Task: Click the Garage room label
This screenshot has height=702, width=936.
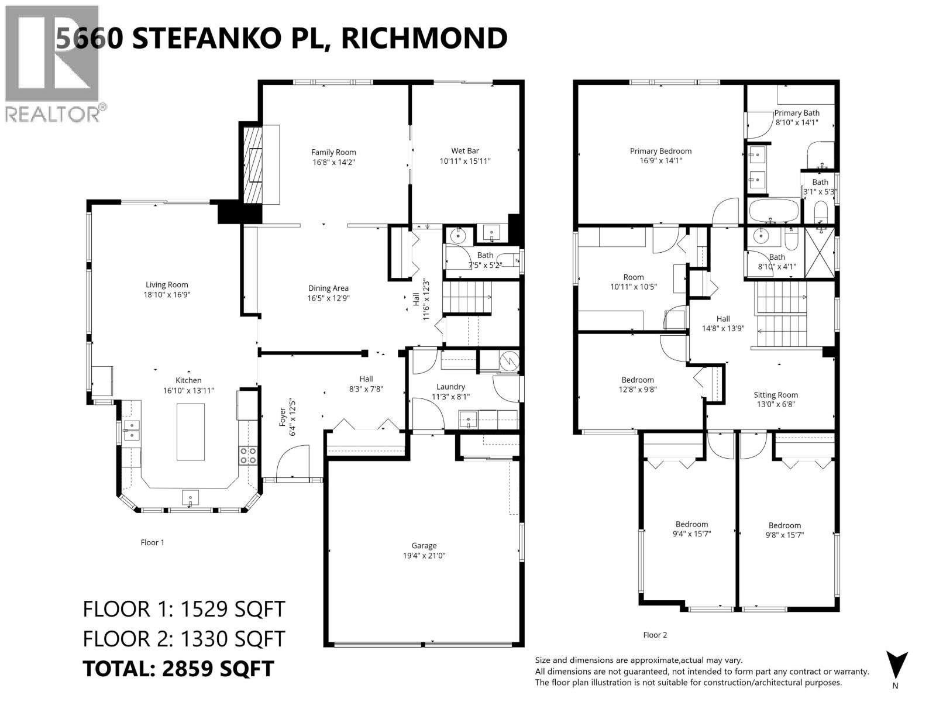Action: (x=424, y=545)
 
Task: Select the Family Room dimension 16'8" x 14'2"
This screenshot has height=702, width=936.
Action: (x=333, y=162)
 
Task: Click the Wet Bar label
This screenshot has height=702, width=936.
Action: (x=465, y=151)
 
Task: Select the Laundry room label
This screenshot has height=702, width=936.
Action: (x=450, y=387)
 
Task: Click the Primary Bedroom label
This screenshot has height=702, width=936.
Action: (x=660, y=151)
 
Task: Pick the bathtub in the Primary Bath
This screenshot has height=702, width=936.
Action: (x=773, y=211)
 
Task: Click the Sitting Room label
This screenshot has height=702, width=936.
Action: (x=776, y=395)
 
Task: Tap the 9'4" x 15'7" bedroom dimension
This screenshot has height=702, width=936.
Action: (x=691, y=534)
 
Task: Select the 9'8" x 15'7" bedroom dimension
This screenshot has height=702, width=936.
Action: (x=784, y=535)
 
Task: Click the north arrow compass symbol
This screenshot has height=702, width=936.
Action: (x=896, y=665)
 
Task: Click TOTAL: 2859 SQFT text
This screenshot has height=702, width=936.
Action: (x=178, y=668)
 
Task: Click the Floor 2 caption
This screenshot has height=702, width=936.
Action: (x=655, y=635)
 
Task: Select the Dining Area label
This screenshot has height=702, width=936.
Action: (x=328, y=288)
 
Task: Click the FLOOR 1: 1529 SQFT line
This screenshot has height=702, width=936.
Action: (x=184, y=609)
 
